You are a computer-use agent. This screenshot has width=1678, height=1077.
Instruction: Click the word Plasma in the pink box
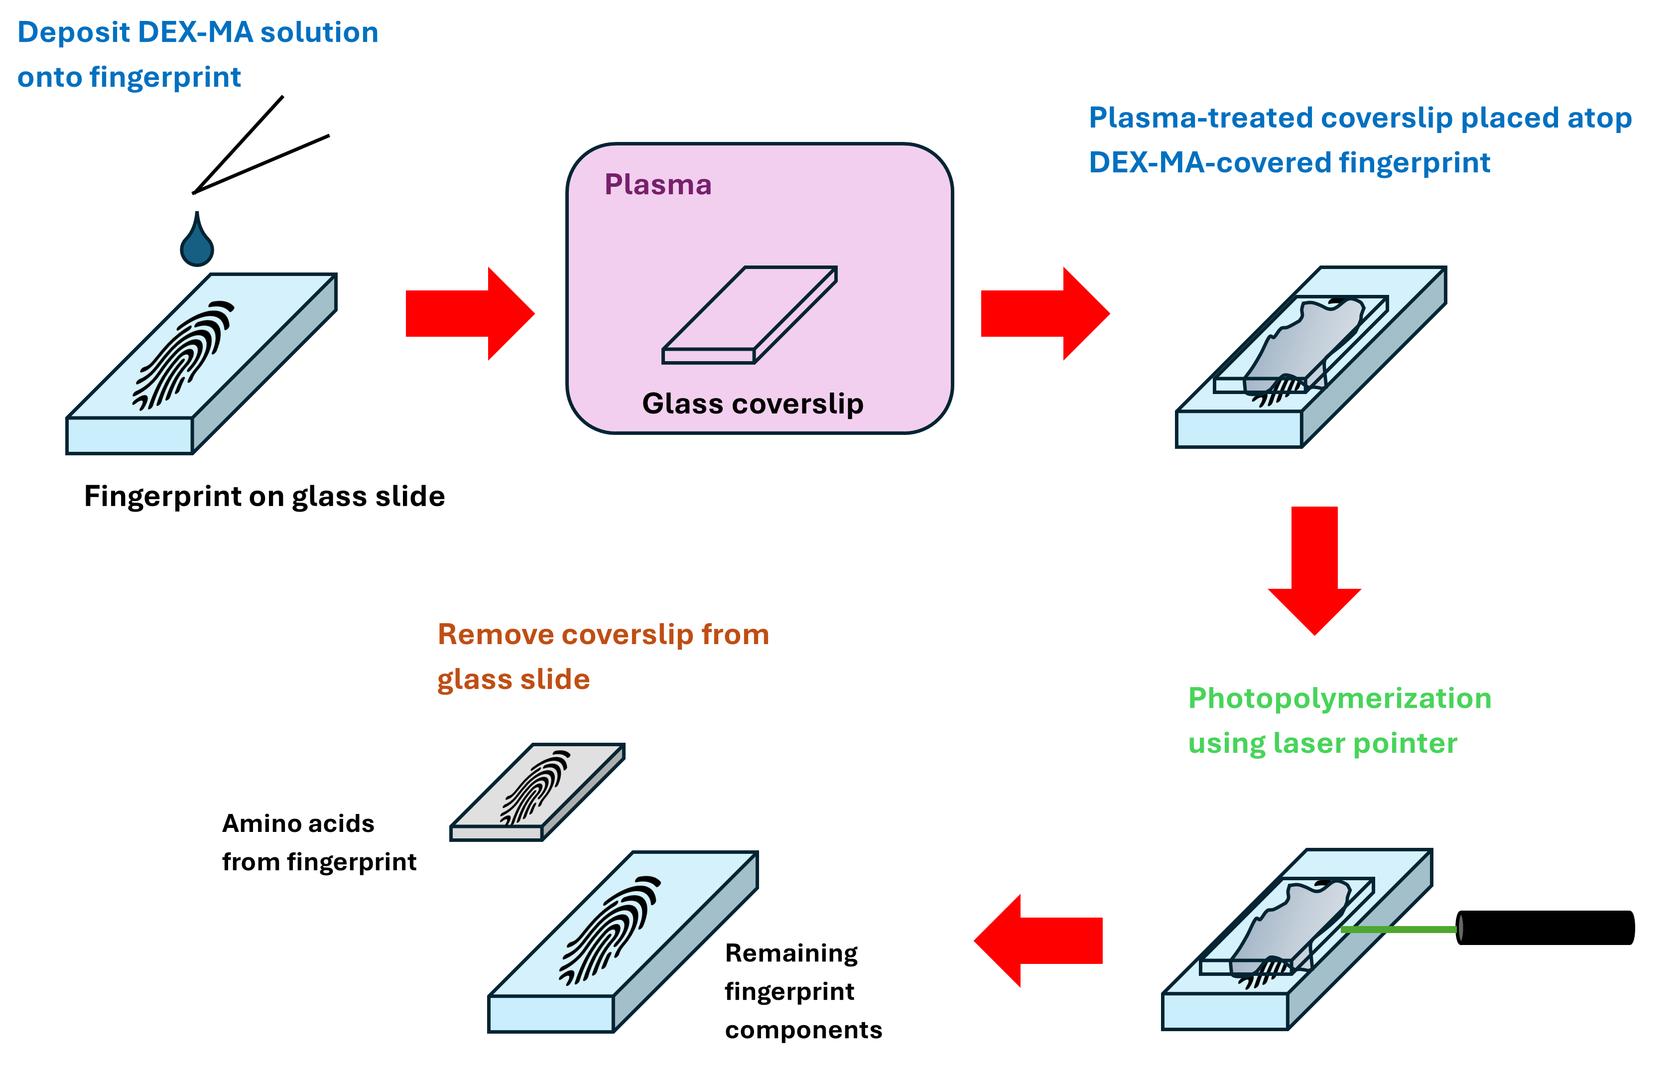coord(658,185)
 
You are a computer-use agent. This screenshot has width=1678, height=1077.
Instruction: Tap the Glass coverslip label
coord(752,404)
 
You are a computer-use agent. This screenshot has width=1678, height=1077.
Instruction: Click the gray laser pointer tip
coord(1460,928)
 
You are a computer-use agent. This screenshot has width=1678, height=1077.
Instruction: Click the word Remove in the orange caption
coord(495,634)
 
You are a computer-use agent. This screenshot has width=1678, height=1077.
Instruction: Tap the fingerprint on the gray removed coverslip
coord(535,788)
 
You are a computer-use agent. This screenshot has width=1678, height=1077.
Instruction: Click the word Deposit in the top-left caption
coord(73,33)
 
